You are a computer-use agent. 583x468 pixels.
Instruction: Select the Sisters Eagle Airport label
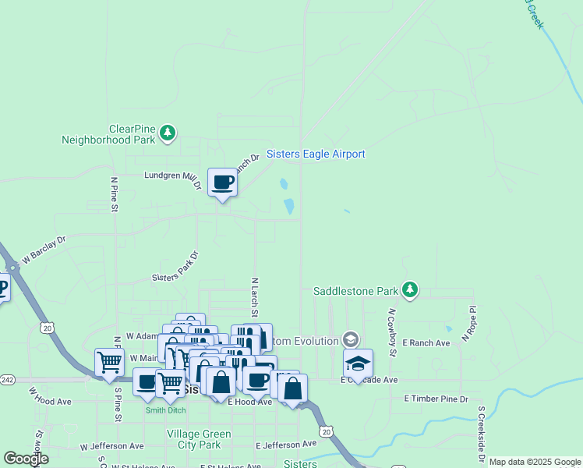coord(316,154)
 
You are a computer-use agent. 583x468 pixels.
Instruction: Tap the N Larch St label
coord(254,296)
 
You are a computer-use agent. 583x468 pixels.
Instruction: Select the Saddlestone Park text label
coord(355,292)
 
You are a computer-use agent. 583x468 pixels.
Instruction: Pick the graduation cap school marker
coord(358,363)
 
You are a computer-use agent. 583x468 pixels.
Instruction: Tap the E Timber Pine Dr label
coord(436,399)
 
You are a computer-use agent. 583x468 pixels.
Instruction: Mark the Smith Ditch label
coord(165,409)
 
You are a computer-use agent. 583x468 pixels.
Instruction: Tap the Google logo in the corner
coord(26,459)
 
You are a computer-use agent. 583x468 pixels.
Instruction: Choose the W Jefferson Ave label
coord(112,447)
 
